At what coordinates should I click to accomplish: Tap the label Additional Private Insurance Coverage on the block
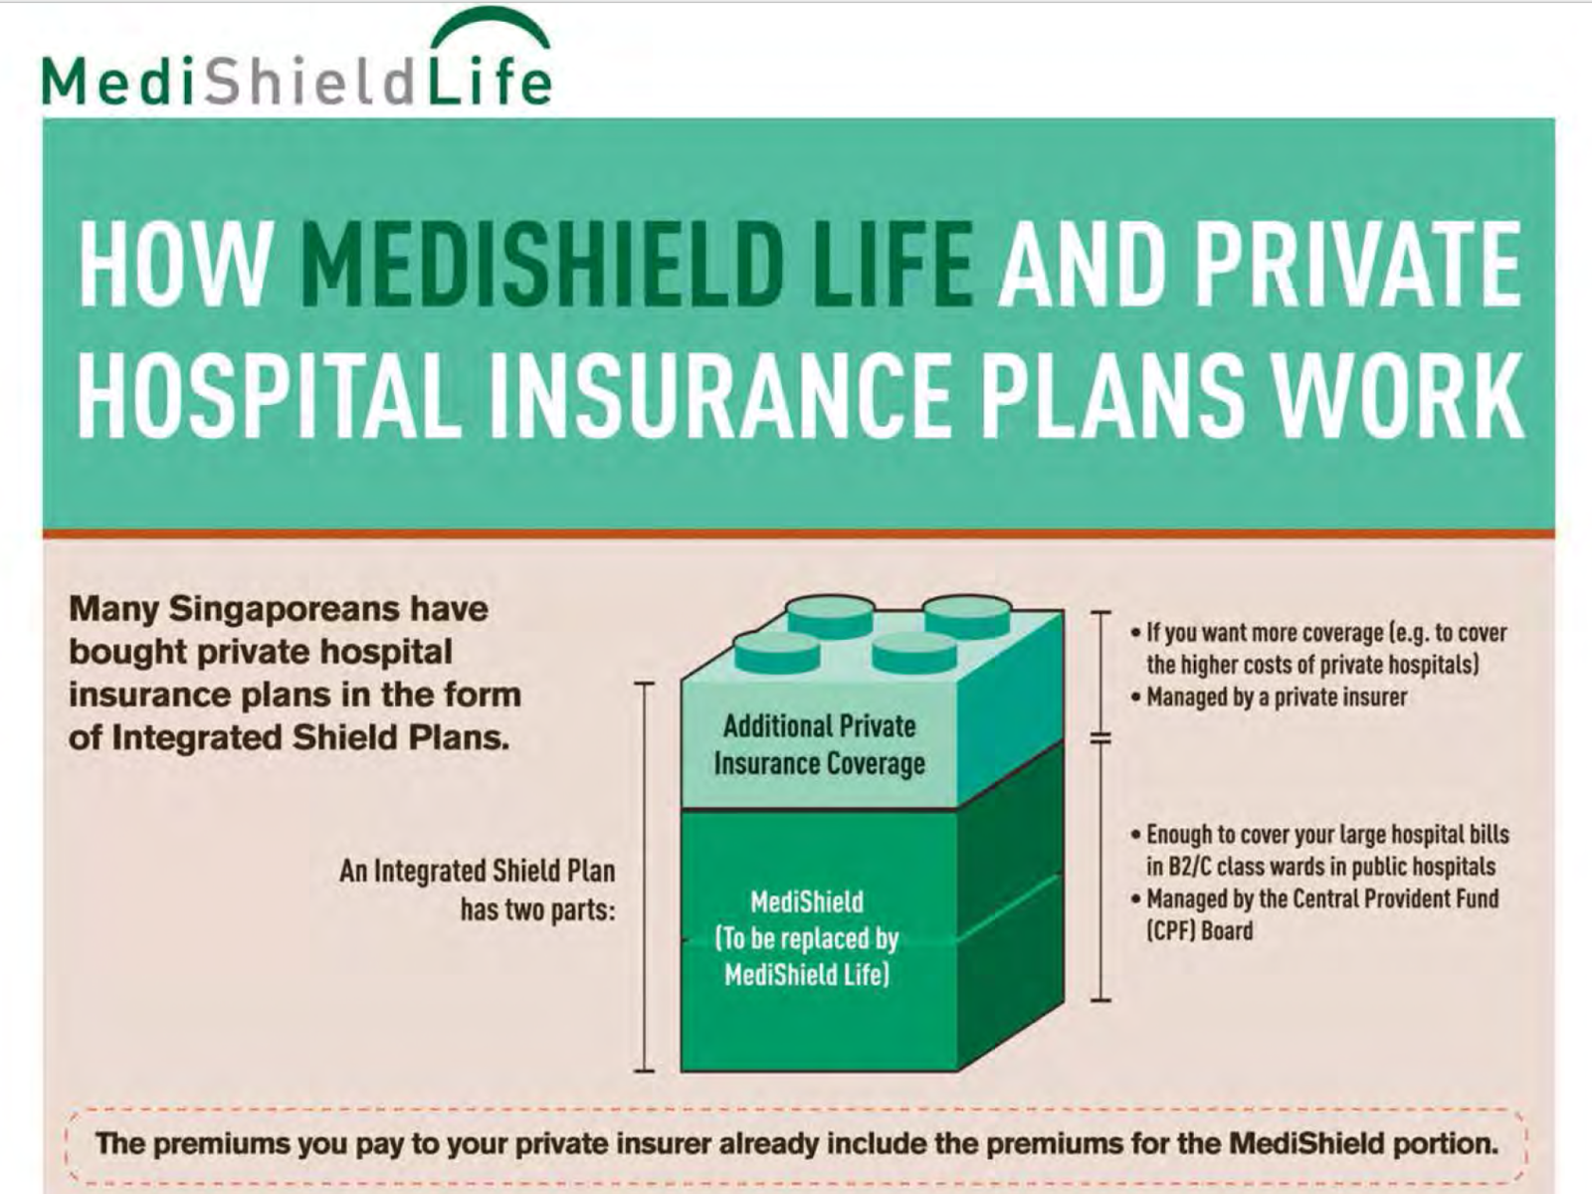click(x=819, y=744)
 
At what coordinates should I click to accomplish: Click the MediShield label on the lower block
click(x=806, y=902)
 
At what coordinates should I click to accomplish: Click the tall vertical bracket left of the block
click(x=645, y=876)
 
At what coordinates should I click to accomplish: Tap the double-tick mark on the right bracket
click(x=1100, y=738)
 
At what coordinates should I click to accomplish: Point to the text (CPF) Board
click(x=1200, y=931)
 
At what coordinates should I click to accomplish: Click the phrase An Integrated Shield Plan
click(x=478, y=871)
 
